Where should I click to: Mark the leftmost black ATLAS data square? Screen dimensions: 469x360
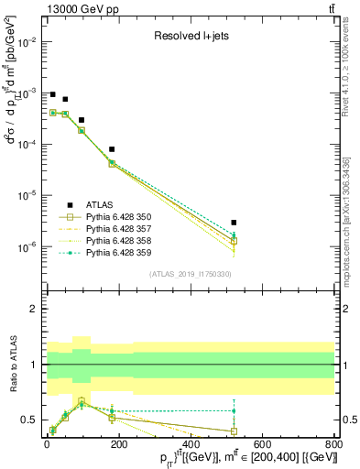[52, 94]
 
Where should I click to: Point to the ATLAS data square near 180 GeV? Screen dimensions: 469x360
[111, 148]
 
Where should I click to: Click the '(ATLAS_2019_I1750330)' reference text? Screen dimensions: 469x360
[190, 274]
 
